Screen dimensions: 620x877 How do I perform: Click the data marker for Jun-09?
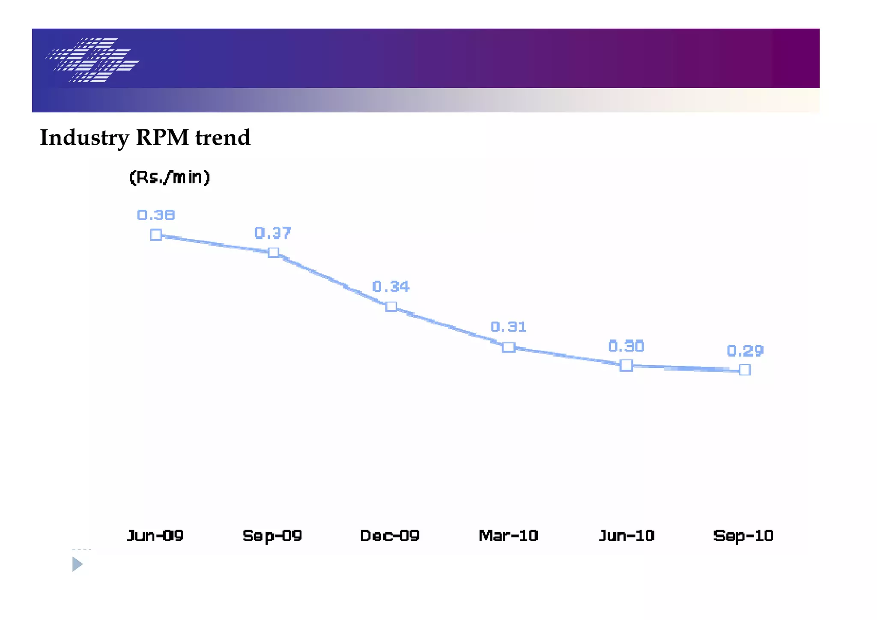[156, 235]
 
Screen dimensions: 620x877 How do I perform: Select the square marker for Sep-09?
[274, 253]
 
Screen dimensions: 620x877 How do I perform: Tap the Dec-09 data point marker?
[391, 307]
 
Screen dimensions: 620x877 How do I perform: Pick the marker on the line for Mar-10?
[508, 347]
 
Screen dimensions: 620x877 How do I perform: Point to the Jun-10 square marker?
[626, 365]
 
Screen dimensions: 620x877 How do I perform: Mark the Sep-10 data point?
[745, 370]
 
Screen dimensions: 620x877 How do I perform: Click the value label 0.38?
[156, 215]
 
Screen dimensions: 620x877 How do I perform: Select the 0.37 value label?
[273, 233]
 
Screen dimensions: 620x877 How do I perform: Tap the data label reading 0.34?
[391, 286]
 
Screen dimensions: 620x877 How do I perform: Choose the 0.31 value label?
[508, 327]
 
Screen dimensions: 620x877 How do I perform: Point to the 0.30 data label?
[626, 346]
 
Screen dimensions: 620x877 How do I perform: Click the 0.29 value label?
[745, 351]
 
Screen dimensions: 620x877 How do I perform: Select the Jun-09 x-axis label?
[155, 536]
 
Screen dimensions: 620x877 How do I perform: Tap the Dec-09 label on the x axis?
[390, 536]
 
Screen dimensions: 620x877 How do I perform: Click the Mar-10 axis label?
[508, 536]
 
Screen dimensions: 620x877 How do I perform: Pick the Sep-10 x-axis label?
[743, 536]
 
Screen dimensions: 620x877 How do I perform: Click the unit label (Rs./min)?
[170, 177]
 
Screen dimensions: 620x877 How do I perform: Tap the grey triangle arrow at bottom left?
[77, 564]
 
